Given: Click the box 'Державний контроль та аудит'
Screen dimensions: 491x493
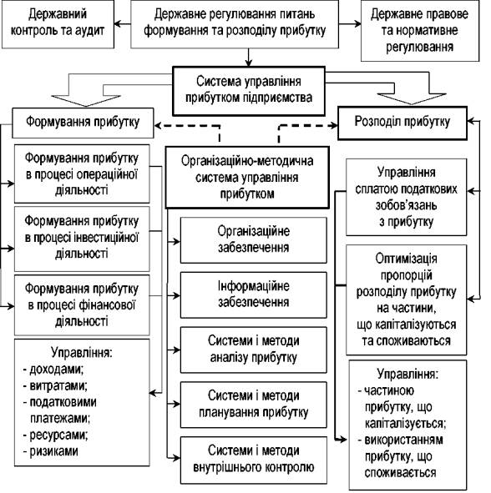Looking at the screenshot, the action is pyautogui.click(x=58, y=24).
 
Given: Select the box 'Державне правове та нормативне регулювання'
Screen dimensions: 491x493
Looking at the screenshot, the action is pyautogui.click(x=420, y=31).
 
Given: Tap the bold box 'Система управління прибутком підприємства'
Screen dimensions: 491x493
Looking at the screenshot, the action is pyautogui.click(x=249, y=91).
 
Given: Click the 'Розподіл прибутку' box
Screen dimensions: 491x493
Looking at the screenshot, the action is pyautogui.click(x=402, y=123).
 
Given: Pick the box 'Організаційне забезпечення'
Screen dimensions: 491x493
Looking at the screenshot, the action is pyautogui.click(x=254, y=240).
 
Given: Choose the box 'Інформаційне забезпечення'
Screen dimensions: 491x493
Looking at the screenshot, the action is pyautogui.click(x=254, y=295).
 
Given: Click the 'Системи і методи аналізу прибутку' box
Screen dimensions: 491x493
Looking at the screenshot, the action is pyautogui.click(x=254, y=350).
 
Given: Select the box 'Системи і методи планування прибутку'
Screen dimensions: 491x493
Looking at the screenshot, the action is pyautogui.click(x=254, y=405).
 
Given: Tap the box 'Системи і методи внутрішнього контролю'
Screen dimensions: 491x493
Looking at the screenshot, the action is pyautogui.click(x=254, y=460).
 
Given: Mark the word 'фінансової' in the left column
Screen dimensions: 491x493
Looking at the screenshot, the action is pyautogui.click(x=108, y=305).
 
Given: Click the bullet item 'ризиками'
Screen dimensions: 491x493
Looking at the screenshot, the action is pyautogui.click(x=53, y=451).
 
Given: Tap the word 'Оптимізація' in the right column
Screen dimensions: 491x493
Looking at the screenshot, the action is pyautogui.click(x=406, y=259).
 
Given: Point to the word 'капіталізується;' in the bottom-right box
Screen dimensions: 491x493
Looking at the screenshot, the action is pyautogui.click(x=405, y=424).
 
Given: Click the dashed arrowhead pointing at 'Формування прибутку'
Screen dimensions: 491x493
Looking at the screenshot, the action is pyautogui.click(x=158, y=126).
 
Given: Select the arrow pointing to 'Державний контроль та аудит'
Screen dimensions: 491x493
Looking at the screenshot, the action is pyautogui.click(x=123, y=24).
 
